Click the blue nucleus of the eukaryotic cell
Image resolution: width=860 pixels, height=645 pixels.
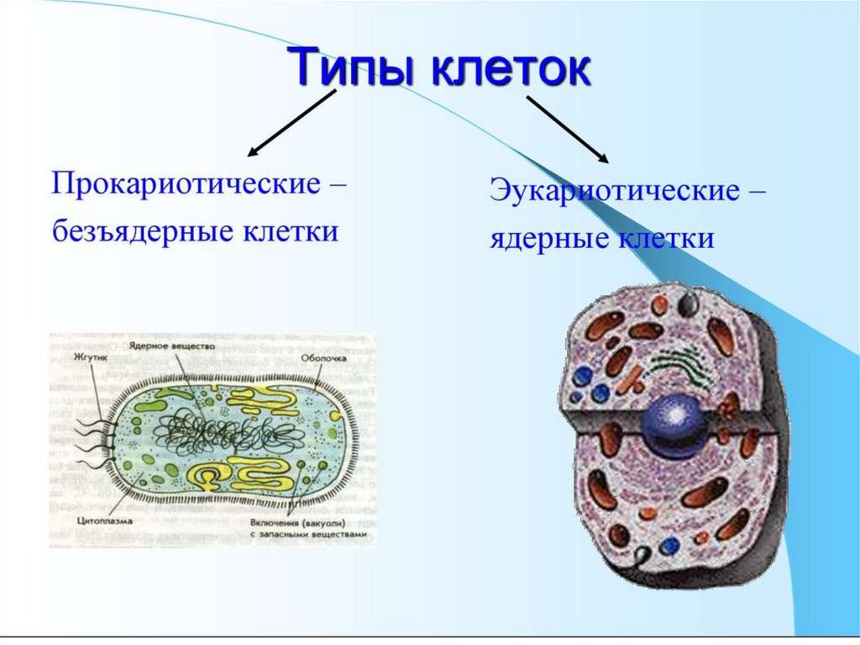tap(672, 426)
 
